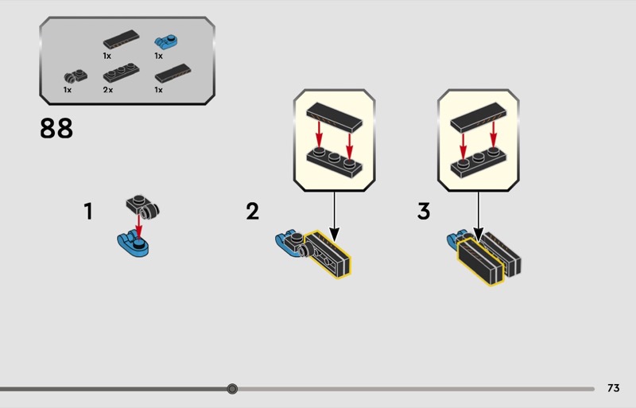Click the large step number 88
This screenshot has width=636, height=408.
point(56,128)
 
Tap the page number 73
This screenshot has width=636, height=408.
point(613,388)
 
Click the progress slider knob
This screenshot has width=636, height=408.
point(232,389)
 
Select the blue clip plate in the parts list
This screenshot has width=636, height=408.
point(166,42)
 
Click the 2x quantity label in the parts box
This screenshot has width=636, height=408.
point(108,90)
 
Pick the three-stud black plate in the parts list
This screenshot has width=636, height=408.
point(121,72)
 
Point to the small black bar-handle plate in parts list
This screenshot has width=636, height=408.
point(76,76)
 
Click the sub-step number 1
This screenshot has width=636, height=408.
point(88,212)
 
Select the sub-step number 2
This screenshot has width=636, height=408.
point(252,212)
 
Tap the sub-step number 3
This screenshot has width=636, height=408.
point(424,212)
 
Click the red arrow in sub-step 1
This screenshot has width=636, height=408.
point(138,227)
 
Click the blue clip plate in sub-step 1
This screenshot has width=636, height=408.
point(133,243)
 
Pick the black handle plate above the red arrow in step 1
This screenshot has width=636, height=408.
point(143,207)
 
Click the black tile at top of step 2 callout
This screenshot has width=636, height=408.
point(334,117)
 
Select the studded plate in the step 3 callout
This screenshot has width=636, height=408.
point(479,162)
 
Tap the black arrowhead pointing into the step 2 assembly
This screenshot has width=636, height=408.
point(334,235)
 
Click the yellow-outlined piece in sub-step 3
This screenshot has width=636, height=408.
point(481,261)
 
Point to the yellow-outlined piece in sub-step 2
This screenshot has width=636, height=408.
point(328,254)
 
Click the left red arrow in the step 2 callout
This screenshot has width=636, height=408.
point(320,134)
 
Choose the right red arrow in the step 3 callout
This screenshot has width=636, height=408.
point(493,134)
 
